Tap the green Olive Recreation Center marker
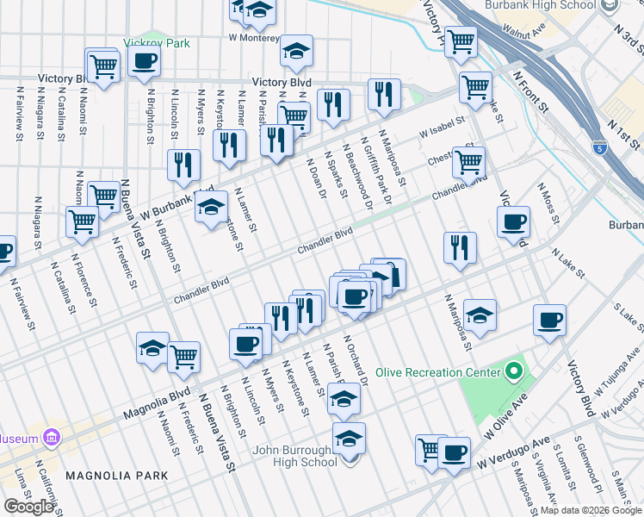(x=515, y=372)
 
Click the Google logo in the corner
(x=28, y=507)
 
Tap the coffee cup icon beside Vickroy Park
(x=144, y=60)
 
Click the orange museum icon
(x=52, y=438)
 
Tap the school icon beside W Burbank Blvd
(x=211, y=208)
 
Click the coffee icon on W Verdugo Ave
(x=454, y=452)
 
